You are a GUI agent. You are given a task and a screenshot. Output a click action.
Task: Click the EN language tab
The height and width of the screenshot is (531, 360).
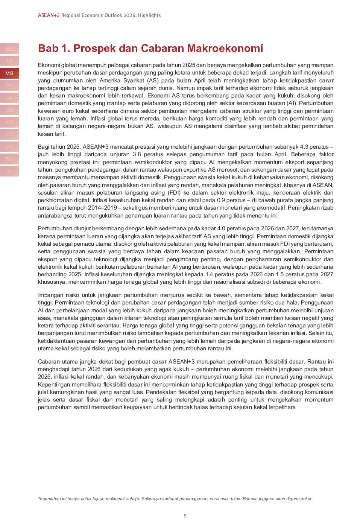[x=9, y=49]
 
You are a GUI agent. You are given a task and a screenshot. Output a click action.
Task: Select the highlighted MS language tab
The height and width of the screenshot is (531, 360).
[x=9, y=73]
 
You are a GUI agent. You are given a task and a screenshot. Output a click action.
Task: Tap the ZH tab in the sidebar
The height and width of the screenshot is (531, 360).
[x=9, y=85]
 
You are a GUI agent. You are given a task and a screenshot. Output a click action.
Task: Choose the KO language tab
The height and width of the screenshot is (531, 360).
[x=9, y=122]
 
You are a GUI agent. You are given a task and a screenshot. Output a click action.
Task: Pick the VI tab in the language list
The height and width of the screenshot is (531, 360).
[x=9, y=171]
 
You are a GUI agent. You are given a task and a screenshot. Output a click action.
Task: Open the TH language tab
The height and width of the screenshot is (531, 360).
[x=9, y=159]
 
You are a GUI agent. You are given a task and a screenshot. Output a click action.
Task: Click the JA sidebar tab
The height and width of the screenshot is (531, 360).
[x=9, y=98]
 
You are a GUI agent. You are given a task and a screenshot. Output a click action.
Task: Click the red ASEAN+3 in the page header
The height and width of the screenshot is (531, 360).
[x=49, y=15]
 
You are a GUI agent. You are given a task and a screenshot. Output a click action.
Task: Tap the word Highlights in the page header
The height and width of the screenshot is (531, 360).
[x=149, y=15]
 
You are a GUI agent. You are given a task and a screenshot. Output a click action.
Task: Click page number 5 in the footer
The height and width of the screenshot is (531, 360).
[x=185, y=516]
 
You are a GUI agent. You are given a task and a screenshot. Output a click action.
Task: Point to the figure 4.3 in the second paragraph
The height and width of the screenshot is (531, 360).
[x=304, y=147]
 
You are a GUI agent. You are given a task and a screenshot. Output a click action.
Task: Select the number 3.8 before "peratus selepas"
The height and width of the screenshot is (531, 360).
[x=137, y=154]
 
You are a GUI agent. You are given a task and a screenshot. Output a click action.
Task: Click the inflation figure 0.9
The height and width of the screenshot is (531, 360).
[x=221, y=200]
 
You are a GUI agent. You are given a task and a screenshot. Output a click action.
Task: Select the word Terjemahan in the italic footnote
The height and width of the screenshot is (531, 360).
[x=49, y=499]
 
